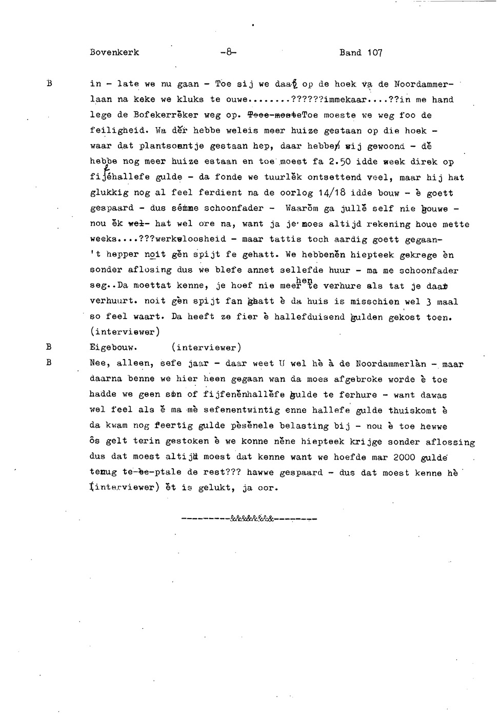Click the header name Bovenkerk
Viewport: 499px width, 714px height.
[114, 53]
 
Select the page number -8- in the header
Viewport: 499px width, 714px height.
[227, 52]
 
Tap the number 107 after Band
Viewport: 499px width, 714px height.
[374, 53]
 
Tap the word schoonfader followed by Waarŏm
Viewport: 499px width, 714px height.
[234, 209]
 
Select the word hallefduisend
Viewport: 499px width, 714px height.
[309, 318]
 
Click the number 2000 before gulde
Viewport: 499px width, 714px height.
[404, 457]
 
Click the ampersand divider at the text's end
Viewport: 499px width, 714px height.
[250, 519]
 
